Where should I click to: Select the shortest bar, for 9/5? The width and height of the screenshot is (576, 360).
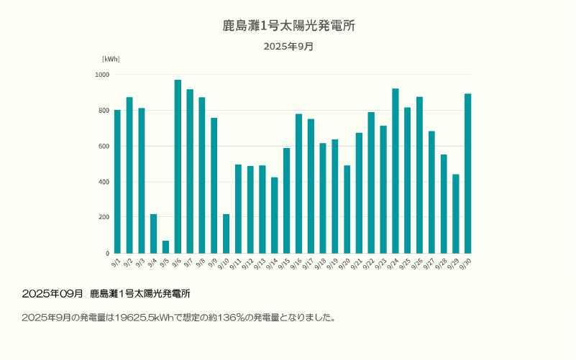(x=165, y=247)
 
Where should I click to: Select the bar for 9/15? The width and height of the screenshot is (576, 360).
(x=286, y=200)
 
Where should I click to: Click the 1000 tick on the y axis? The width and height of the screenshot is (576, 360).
(x=102, y=75)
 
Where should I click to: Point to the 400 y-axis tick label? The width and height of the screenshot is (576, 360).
(x=104, y=182)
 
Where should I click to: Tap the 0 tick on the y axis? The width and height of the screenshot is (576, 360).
(x=107, y=254)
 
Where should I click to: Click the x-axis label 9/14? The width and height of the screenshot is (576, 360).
(x=273, y=264)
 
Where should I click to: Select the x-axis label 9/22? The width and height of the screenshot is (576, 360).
(x=370, y=264)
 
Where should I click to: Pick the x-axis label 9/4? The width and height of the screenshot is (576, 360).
(x=152, y=263)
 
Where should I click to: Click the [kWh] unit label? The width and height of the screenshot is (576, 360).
(x=111, y=59)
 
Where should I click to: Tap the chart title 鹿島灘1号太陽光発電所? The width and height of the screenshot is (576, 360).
(x=288, y=26)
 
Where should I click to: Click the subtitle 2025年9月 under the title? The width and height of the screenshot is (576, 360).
(x=288, y=47)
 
